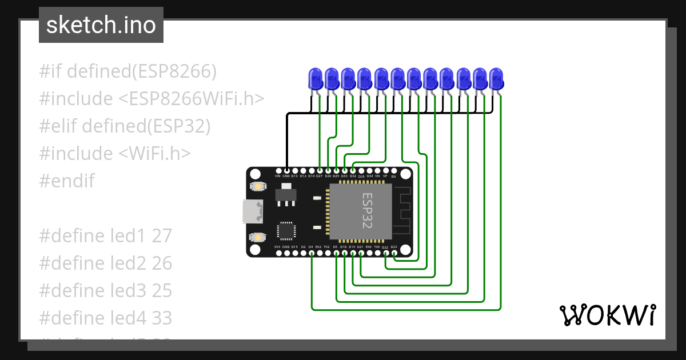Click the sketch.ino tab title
tap(101, 25)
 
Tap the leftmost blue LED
tap(315, 78)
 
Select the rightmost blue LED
tap(497, 78)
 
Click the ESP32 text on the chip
tap(367, 211)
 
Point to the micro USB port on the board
tap(252, 211)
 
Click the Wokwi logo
tap(607, 315)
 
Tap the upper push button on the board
tap(258, 186)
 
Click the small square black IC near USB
tap(286, 230)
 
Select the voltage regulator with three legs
tap(283, 196)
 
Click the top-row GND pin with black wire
tap(286, 170)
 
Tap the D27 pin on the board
tap(319, 170)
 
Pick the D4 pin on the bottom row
tap(311, 253)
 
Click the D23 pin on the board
tap(394, 253)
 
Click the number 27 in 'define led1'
tap(162, 236)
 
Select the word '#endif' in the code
tap(66, 181)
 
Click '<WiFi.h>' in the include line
tap(155, 154)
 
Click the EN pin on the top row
tap(393, 170)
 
